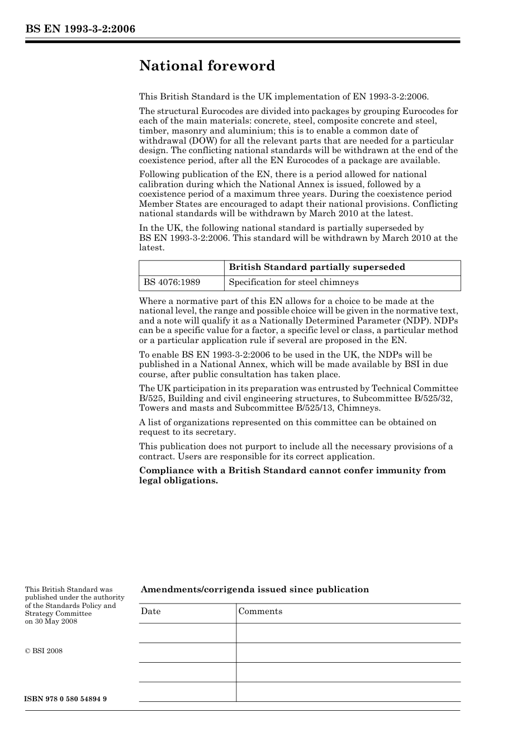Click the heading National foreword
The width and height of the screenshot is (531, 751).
pyautogui.click(x=207, y=66)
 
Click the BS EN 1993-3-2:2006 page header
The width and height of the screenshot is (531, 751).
pyautogui.click(x=80, y=29)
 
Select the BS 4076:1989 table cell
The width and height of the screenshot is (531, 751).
pyautogui.click(x=172, y=283)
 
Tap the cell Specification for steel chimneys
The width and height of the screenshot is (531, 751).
pyautogui.click(x=293, y=283)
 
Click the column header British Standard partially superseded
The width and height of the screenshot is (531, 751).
pyautogui.click(x=317, y=268)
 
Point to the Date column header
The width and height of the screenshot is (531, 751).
pyautogui.click(x=151, y=611)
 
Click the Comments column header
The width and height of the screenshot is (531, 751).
pyautogui.click(x=260, y=611)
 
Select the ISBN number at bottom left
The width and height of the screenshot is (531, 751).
pyautogui.click(x=66, y=700)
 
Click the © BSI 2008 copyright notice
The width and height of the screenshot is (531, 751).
pyautogui.click(x=44, y=651)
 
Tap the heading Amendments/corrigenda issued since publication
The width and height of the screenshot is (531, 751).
pyautogui.click(x=254, y=590)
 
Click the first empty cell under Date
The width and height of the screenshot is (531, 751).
pyautogui.click(x=187, y=633)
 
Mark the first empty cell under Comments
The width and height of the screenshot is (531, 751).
pyautogui.click(x=348, y=633)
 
